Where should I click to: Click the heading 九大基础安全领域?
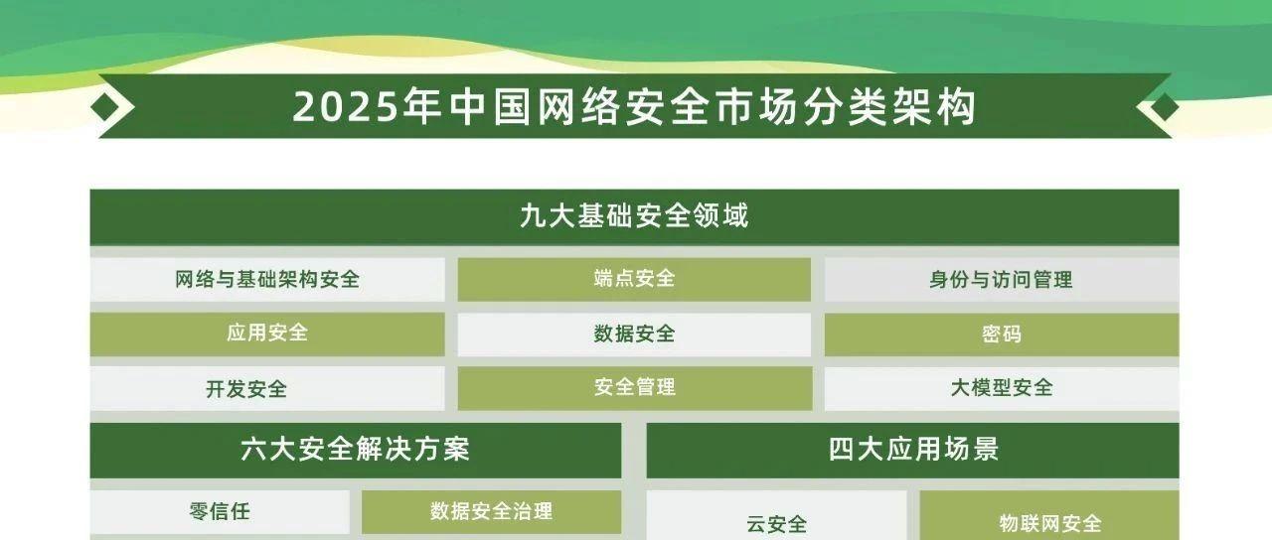634,216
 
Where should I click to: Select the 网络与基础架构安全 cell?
267,280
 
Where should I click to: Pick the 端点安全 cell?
634,280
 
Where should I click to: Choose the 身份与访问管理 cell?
1002,280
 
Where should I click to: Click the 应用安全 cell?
267,335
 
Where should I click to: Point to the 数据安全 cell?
634,335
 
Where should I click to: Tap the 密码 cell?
1002,335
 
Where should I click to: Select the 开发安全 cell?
267,388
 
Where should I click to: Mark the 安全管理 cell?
634,388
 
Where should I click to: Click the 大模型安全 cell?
1002,388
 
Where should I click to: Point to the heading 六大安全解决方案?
356,450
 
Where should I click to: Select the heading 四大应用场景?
913,450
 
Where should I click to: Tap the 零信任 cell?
220,512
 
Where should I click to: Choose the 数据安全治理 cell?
491,512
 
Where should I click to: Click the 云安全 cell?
776,515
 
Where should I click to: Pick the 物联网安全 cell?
1049,515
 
